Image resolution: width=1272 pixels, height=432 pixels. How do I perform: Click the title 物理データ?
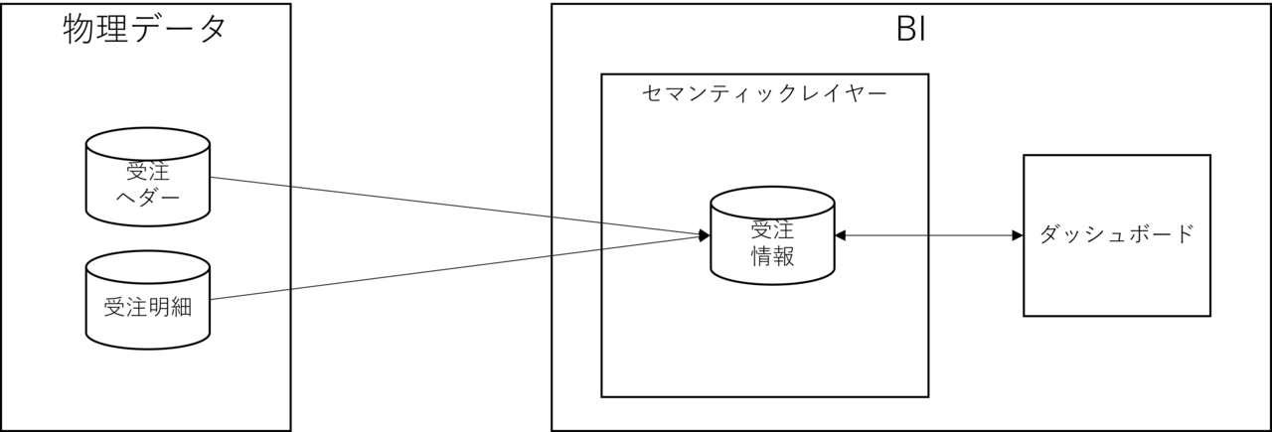[145, 29]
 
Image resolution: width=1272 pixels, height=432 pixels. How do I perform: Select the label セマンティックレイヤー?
[764, 94]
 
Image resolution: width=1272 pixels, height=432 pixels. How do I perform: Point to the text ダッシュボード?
[1116, 235]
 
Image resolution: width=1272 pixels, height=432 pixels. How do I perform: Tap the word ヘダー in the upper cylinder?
[148, 196]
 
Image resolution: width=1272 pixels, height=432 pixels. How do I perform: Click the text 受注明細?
[148, 308]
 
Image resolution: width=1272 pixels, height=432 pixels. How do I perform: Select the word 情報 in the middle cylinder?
[772, 255]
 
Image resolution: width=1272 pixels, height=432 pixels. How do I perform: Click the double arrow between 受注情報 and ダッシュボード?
[929, 235]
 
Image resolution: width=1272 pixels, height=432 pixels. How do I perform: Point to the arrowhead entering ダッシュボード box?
[1017, 235]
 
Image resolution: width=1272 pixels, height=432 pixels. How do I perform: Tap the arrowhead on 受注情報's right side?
[841, 235]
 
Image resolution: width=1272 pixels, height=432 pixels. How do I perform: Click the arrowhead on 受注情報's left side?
[704, 235]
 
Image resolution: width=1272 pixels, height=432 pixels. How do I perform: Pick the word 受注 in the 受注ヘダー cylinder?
[148, 170]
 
